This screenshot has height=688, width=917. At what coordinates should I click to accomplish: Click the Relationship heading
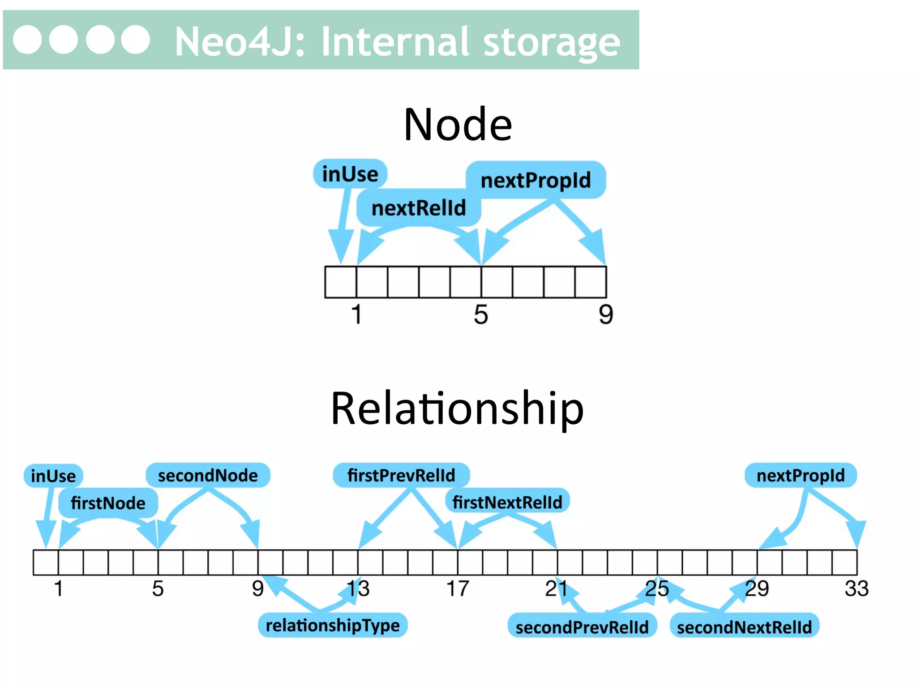(x=457, y=408)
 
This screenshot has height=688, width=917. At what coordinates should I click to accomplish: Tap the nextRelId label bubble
(x=419, y=208)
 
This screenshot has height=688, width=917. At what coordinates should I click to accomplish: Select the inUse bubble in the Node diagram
(x=350, y=174)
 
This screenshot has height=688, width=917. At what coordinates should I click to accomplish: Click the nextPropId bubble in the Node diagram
(x=536, y=180)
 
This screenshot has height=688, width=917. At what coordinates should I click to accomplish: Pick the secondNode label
(x=208, y=475)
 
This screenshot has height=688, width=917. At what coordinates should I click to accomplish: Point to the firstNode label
(x=108, y=503)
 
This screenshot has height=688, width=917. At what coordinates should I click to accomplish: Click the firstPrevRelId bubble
(x=401, y=475)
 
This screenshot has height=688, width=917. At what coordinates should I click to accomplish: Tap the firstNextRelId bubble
(x=507, y=502)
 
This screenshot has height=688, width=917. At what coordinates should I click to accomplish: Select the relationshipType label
(x=332, y=625)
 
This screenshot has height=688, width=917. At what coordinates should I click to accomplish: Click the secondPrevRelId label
(x=582, y=627)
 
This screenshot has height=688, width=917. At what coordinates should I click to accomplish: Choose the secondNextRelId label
(x=744, y=627)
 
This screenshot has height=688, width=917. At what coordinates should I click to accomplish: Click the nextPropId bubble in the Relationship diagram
(x=800, y=475)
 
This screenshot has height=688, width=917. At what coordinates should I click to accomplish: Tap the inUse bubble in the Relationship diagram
(x=53, y=476)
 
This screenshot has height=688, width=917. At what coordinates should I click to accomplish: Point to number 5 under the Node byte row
(x=481, y=314)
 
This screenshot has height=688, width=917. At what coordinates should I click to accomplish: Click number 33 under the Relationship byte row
(x=856, y=589)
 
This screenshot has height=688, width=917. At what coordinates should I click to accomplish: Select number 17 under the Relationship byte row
(x=457, y=589)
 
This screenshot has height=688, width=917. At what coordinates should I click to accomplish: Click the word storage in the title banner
(x=552, y=42)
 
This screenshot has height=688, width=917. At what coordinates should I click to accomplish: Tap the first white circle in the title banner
(x=27, y=40)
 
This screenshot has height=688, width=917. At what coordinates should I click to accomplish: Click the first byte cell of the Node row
(x=341, y=282)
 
